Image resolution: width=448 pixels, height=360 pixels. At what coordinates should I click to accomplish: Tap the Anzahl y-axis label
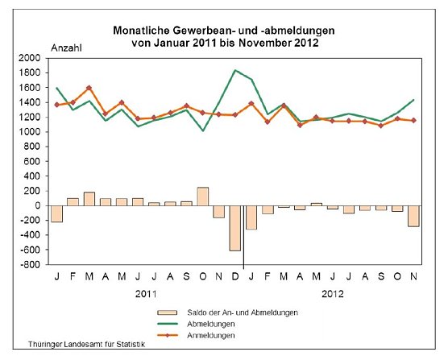pyautogui.click(x=67, y=48)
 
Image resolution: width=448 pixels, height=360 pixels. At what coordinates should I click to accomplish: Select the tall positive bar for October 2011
pyautogui.click(x=202, y=197)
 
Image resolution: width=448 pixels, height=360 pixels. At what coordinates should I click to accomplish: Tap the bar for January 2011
pyautogui.click(x=56, y=213)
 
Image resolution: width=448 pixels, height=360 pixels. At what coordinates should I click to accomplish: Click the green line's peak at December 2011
pyautogui.click(x=235, y=70)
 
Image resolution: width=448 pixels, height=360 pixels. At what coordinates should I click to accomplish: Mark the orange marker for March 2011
pyautogui.click(x=89, y=88)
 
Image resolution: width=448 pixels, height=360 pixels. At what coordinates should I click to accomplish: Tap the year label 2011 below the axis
pyautogui.click(x=145, y=295)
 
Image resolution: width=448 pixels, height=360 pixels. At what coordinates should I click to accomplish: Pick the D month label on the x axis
pyautogui.click(x=235, y=276)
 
